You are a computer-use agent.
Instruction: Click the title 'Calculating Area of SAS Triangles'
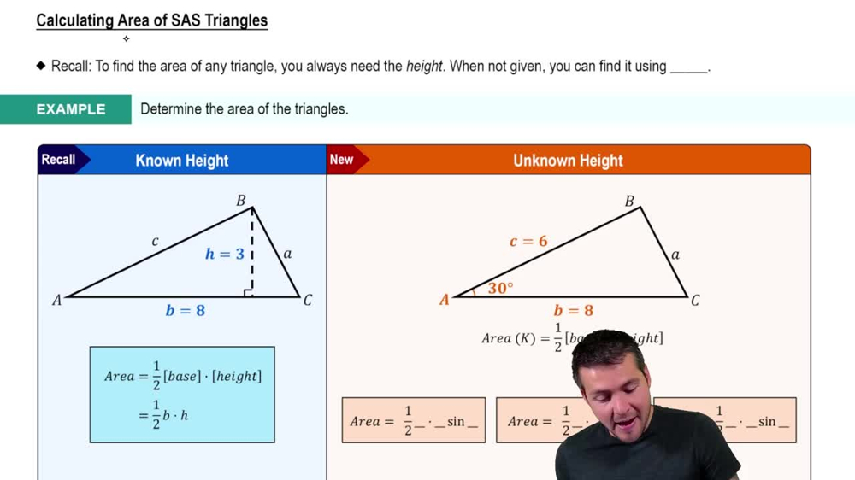point(151,20)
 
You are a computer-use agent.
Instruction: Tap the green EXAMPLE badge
point(70,109)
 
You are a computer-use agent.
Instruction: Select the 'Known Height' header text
point(182,161)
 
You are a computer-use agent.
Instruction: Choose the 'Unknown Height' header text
point(568,161)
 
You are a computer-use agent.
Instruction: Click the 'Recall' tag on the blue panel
point(58,160)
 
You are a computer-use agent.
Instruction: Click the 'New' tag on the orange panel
point(341,160)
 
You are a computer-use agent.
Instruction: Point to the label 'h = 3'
point(224,254)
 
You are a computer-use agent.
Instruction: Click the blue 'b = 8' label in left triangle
point(185,310)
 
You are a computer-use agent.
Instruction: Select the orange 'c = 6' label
point(528,242)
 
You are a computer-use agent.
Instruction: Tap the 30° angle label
point(500,289)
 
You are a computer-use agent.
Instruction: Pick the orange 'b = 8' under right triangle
point(573,310)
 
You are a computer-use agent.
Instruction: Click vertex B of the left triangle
point(241,201)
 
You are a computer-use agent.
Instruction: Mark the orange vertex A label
point(445,300)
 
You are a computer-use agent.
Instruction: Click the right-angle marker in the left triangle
point(248,293)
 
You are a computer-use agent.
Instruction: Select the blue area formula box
point(182,395)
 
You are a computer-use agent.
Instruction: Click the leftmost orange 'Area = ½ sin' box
point(414,420)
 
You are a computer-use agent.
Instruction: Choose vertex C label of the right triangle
point(695,301)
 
